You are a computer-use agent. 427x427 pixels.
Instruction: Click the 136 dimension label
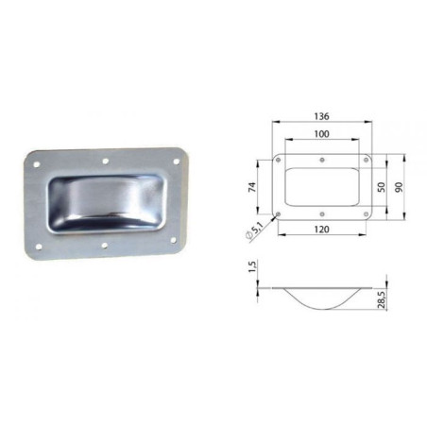[323, 117]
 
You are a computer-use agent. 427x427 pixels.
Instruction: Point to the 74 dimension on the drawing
[253, 185]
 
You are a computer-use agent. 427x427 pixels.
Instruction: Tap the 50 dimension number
[379, 187]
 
